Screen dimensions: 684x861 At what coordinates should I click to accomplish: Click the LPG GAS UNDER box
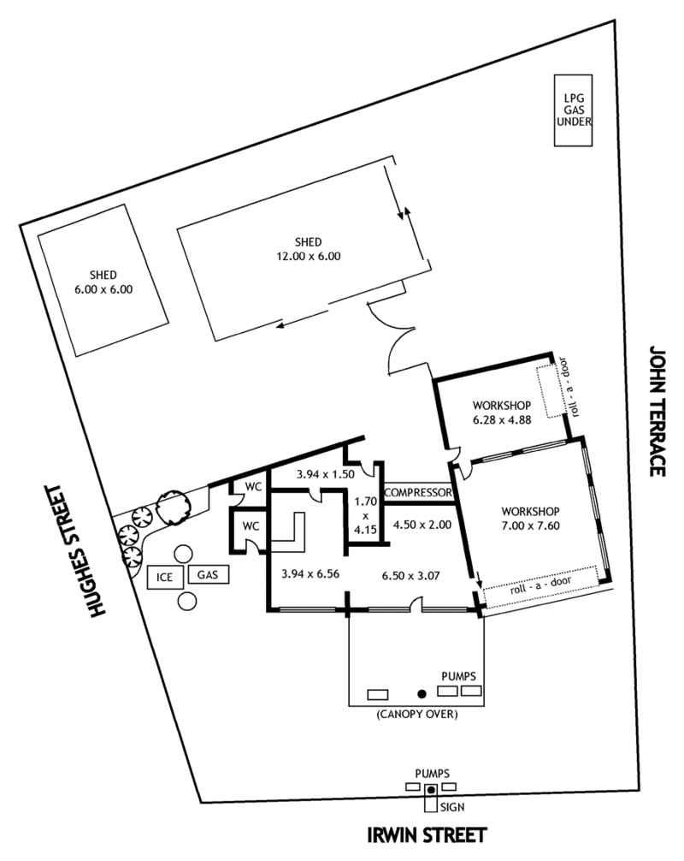(573, 110)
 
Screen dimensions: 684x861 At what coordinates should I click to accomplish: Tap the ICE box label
(164, 577)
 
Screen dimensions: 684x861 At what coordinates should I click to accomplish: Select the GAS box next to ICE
(208, 574)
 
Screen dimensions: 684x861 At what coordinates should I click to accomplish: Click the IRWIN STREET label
(427, 835)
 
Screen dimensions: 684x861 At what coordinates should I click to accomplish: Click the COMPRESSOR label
(418, 492)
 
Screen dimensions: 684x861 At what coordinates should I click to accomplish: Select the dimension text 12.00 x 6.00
(309, 256)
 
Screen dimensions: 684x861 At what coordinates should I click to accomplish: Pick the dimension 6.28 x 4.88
(502, 420)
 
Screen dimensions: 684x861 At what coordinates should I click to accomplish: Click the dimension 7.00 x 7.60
(530, 526)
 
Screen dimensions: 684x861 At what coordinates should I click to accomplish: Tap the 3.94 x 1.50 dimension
(326, 474)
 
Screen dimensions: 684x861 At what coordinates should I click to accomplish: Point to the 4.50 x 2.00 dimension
(422, 525)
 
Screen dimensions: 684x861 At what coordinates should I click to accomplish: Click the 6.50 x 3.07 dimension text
(411, 575)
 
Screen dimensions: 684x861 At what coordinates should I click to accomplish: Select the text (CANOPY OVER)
(417, 715)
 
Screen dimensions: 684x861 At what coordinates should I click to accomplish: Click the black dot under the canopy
(422, 694)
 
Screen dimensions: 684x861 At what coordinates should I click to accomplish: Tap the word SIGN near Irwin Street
(452, 807)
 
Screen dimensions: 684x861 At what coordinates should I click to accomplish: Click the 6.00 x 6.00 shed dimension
(103, 289)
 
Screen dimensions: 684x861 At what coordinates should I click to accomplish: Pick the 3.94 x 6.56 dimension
(310, 573)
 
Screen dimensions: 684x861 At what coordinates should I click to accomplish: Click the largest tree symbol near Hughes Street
(172, 507)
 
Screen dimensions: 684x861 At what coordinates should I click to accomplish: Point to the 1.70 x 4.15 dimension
(365, 515)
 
